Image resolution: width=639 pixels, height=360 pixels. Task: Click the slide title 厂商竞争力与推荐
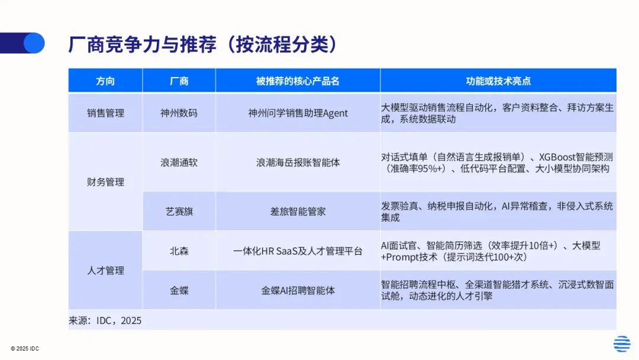pyautogui.click(x=143, y=44)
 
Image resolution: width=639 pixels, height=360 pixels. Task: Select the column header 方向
pyautogui.click(x=105, y=81)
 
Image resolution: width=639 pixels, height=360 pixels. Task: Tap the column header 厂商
pyautogui.click(x=179, y=81)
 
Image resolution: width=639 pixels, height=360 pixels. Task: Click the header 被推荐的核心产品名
pyautogui.click(x=298, y=81)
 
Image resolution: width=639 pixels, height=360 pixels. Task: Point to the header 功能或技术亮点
pyautogui.click(x=498, y=81)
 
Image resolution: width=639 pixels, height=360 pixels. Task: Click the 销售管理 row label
pyautogui.click(x=105, y=113)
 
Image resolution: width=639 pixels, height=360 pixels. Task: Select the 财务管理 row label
pyautogui.click(x=105, y=182)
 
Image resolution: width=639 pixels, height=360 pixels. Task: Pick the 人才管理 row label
pyautogui.click(x=105, y=271)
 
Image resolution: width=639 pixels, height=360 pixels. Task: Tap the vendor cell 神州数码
pyautogui.click(x=179, y=113)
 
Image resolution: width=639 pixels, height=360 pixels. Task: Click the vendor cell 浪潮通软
pyautogui.click(x=179, y=162)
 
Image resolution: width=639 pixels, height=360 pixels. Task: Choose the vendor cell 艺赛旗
pyautogui.click(x=179, y=211)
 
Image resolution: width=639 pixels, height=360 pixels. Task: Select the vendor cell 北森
pyautogui.click(x=179, y=250)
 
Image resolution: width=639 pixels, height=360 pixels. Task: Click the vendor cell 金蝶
pyautogui.click(x=179, y=290)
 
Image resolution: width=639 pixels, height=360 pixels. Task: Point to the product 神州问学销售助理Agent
pyautogui.click(x=298, y=113)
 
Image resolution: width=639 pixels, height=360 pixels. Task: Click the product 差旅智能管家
pyautogui.click(x=298, y=211)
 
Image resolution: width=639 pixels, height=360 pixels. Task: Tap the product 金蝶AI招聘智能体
pyautogui.click(x=298, y=290)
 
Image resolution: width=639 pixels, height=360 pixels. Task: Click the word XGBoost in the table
pyautogui.click(x=557, y=157)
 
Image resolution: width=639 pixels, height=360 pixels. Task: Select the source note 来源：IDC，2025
pyautogui.click(x=105, y=320)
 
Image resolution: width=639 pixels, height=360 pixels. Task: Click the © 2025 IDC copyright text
pyautogui.click(x=25, y=349)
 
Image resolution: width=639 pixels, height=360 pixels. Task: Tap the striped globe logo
pyautogui.click(x=622, y=343)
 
